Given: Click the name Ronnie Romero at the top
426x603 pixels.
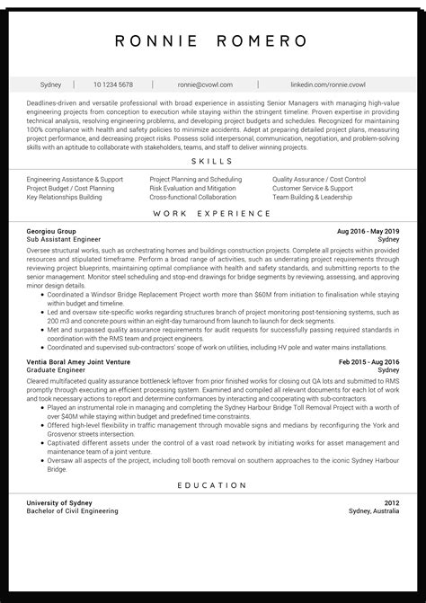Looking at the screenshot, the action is [x=212, y=41].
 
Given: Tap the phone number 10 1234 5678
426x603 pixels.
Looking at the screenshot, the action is [x=112, y=84].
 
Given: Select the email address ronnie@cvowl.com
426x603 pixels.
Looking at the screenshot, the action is [x=205, y=84].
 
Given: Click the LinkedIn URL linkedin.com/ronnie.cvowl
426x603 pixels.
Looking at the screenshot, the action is [x=328, y=84].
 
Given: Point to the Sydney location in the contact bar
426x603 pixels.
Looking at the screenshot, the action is [x=51, y=84].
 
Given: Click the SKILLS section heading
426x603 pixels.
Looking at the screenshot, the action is [x=212, y=162].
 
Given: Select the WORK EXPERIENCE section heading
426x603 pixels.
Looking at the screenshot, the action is [x=212, y=214].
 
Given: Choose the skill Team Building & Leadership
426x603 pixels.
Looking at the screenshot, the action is [x=312, y=198].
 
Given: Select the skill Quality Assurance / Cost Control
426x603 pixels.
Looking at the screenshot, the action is [x=318, y=180].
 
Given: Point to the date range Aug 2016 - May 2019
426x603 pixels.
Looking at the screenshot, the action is [x=368, y=232].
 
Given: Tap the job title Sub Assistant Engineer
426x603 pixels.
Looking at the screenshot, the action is [x=63, y=241].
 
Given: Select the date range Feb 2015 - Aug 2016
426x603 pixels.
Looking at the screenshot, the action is [x=368, y=361].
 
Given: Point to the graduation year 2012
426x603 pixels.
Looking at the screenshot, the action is [x=390, y=502].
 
